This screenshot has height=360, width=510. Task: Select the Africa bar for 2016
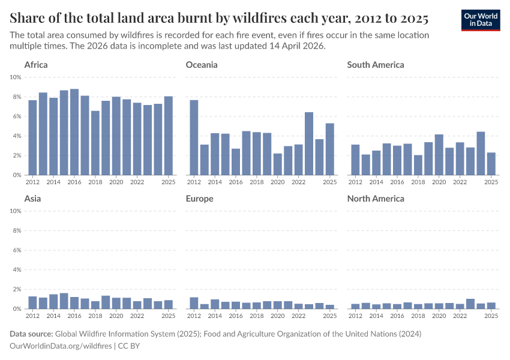point(74,132)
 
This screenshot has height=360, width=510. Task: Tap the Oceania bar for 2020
point(277,164)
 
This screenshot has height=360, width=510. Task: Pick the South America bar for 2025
point(491,164)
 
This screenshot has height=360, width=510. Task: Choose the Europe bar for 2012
point(194,303)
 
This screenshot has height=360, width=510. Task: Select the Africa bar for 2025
point(169,136)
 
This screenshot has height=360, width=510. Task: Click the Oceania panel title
point(202,65)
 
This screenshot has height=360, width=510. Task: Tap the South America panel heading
point(376,65)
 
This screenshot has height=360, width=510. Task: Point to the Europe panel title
point(200,199)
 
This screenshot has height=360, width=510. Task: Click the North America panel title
point(376,199)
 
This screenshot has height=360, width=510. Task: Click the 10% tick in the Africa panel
point(16,77)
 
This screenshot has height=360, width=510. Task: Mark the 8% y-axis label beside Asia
point(16,230)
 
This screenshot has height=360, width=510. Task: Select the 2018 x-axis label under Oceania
point(256,182)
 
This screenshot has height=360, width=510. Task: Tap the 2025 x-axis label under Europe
point(329,316)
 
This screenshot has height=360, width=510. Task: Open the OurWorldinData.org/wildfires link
point(61,346)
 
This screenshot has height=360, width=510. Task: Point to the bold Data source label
point(32,334)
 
